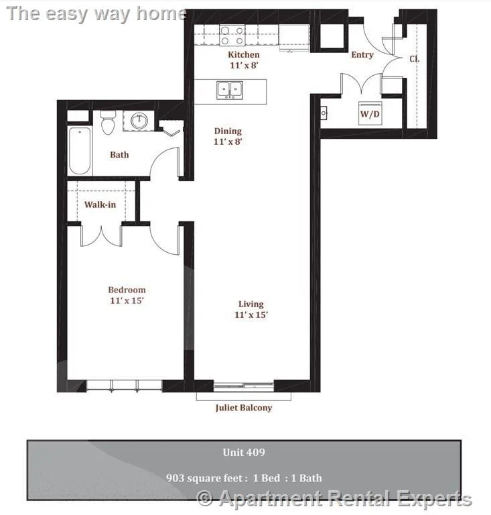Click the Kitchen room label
244,54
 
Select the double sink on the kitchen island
230,90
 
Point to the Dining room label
228,131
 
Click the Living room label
251,304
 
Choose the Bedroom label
127,290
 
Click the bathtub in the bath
80,150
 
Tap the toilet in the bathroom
108,123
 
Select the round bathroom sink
139,121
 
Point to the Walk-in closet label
100,205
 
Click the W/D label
370,114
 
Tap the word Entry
362,55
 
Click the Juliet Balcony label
244,407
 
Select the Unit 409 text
244,453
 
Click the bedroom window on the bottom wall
125,386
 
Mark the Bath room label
119,155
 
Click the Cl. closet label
415,58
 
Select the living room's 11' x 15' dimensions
251,314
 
